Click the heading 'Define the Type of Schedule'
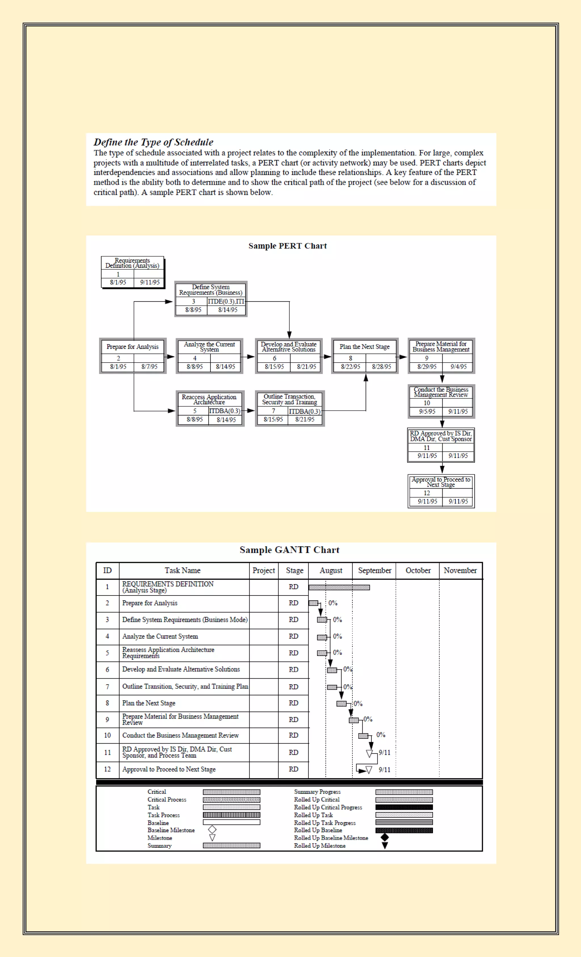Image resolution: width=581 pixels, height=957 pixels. (153, 142)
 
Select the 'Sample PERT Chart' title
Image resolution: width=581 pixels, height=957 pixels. (287, 246)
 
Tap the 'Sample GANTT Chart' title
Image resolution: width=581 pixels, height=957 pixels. (289, 550)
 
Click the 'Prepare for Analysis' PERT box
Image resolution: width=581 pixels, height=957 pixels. (133, 356)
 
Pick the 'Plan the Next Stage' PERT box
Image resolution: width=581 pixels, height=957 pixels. (365, 356)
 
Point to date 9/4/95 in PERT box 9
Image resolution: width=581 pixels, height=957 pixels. (458, 367)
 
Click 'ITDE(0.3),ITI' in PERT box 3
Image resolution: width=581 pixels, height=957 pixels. (226, 301)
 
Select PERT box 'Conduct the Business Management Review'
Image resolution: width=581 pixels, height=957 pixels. (441, 401)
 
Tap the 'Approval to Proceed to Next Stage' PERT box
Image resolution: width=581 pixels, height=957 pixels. (441, 491)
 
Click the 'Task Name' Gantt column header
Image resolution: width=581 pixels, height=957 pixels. (182, 571)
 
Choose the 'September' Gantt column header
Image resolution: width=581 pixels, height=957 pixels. (374, 571)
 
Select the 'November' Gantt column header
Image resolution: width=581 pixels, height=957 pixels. (460, 571)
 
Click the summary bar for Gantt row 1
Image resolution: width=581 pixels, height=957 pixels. (339, 588)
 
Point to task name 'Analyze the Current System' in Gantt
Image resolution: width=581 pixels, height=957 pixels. (160, 636)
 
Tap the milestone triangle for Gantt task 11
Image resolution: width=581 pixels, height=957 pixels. (369, 754)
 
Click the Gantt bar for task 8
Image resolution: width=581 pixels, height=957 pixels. (341, 703)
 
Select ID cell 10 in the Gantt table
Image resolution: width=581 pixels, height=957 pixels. (108, 735)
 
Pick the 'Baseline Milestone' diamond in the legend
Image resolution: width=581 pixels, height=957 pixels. (212, 830)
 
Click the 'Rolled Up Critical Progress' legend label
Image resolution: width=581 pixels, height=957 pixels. (328, 807)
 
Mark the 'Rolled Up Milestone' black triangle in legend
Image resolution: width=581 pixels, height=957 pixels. (384, 845)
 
